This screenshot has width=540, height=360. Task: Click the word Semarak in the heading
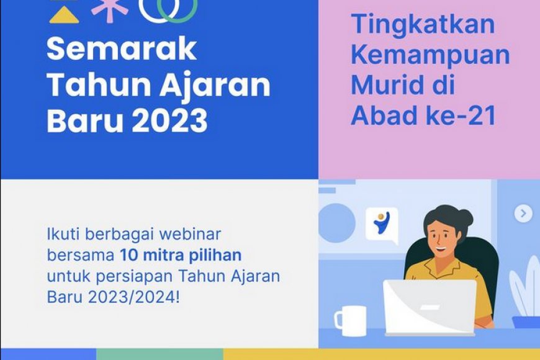point(122,50)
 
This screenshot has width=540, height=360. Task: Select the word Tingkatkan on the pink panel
point(424,25)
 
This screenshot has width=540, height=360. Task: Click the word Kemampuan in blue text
point(430,55)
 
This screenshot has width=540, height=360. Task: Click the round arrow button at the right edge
point(523,214)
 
